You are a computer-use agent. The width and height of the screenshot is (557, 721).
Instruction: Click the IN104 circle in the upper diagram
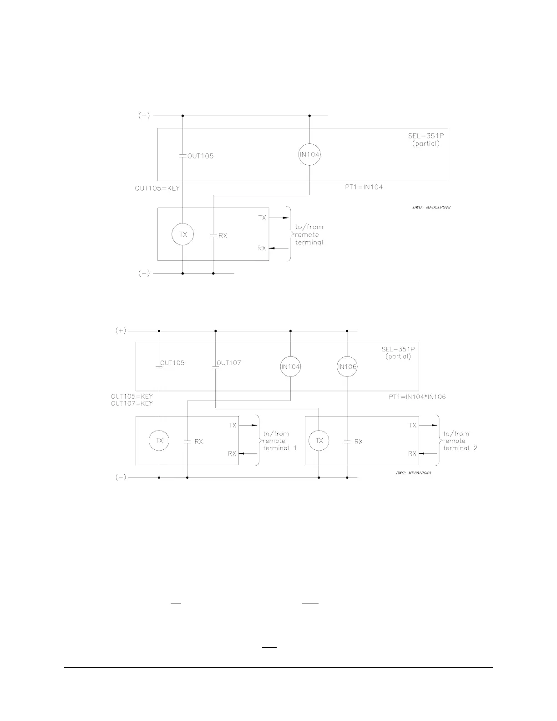pyautogui.click(x=309, y=155)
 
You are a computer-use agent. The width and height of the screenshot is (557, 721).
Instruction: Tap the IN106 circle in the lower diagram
pyautogui.click(x=347, y=367)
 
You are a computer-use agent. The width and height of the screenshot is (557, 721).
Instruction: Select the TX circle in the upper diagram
pyautogui.click(x=182, y=234)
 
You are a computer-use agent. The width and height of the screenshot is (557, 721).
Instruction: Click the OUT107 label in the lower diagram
pyautogui.click(x=229, y=363)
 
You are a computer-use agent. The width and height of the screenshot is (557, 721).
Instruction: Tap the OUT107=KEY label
pyautogui.click(x=132, y=403)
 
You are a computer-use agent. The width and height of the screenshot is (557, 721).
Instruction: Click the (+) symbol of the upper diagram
pyautogui.click(x=144, y=116)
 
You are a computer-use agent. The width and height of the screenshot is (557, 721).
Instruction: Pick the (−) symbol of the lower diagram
pyautogui.click(x=120, y=477)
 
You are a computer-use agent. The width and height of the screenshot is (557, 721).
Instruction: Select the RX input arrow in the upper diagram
pyautogui.click(x=278, y=248)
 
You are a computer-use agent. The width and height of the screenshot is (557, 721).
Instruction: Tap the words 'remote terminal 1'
pyautogui.click(x=280, y=444)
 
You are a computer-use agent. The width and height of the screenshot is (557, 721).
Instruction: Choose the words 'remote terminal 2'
pyautogui.click(x=460, y=444)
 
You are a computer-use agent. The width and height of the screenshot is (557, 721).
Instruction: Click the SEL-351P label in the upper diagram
pyautogui.click(x=425, y=136)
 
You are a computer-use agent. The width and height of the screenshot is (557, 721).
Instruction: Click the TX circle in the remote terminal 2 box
pyautogui.click(x=319, y=441)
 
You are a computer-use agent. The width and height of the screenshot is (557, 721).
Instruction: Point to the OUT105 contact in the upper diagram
pyautogui.click(x=182, y=156)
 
